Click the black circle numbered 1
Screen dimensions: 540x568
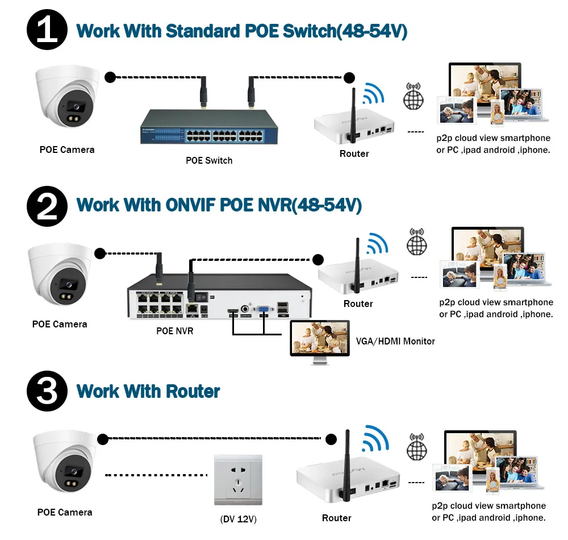coord(47,30)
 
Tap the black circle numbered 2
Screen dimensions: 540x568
coord(47,205)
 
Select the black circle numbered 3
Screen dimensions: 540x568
coord(47,391)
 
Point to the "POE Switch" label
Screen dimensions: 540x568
coord(209,161)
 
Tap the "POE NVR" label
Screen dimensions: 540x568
coord(175,330)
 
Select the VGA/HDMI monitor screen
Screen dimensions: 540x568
coord(320,337)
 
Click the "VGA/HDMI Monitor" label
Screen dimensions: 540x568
coord(395,342)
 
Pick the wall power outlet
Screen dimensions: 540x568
coord(238,480)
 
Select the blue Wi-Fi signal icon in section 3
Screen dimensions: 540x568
coord(377,439)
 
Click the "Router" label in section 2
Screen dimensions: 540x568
coord(358,304)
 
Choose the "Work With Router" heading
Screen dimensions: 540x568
coord(148,391)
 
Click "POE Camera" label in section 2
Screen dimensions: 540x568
coord(60,324)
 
